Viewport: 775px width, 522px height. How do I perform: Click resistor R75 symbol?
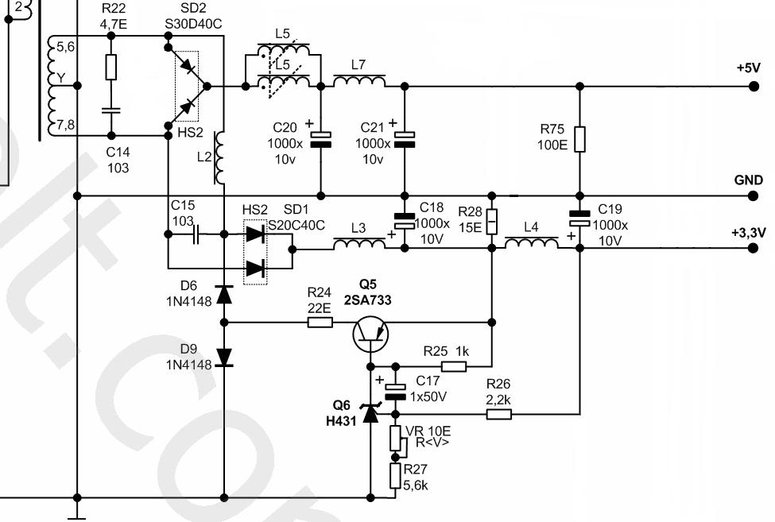click(x=579, y=138)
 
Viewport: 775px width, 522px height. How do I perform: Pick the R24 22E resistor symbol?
click(x=320, y=323)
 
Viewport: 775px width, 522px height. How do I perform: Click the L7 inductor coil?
click(x=359, y=82)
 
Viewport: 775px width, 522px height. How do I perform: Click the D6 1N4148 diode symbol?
click(x=224, y=294)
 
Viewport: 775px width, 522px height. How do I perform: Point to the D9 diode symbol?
click(x=224, y=357)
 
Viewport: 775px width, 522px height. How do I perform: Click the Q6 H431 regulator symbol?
click(x=370, y=414)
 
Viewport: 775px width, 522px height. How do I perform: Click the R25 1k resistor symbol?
click(x=454, y=366)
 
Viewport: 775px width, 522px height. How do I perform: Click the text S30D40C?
click(x=193, y=24)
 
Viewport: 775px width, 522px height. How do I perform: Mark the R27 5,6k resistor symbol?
click(x=395, y=476)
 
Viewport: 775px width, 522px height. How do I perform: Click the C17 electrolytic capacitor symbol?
click(x=395, y=390)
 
